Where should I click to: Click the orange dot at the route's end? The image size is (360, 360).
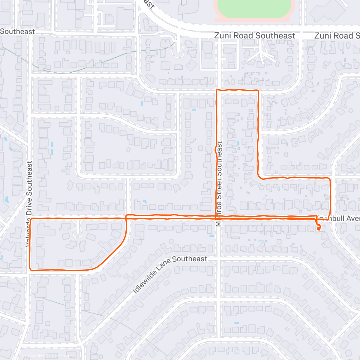319,228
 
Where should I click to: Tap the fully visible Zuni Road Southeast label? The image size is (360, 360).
254,36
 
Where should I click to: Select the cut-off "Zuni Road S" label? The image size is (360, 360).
337,36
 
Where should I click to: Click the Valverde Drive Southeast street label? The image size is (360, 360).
29,204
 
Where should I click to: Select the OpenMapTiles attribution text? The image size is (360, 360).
31,356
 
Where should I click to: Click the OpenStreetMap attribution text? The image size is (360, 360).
63,356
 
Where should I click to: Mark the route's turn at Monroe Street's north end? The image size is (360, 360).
217,90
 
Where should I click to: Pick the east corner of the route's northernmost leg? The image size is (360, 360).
258,90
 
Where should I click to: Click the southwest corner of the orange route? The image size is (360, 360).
30,269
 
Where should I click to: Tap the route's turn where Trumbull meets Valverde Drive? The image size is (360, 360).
30,219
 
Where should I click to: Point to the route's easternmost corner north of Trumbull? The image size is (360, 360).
330,179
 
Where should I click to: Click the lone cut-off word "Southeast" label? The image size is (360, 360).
17,31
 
